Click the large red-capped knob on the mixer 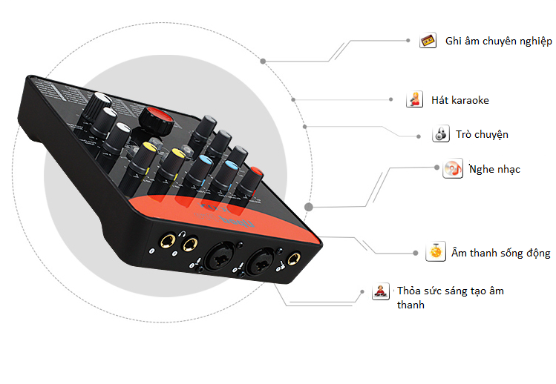(x=154, y=117)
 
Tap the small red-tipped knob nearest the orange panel (x=255, y=175)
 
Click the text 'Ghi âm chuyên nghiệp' (x=498, y=42)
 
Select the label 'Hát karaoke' (x=459, y=100)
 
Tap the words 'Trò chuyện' (x=482, y=135)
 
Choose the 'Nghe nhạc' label (x=494, y=169)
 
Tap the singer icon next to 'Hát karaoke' (x=414, y=99)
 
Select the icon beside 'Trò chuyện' (x=440, y=134)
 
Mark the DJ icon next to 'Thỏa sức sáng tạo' (x=380, y=291)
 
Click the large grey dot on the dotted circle (x=309, y=208)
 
